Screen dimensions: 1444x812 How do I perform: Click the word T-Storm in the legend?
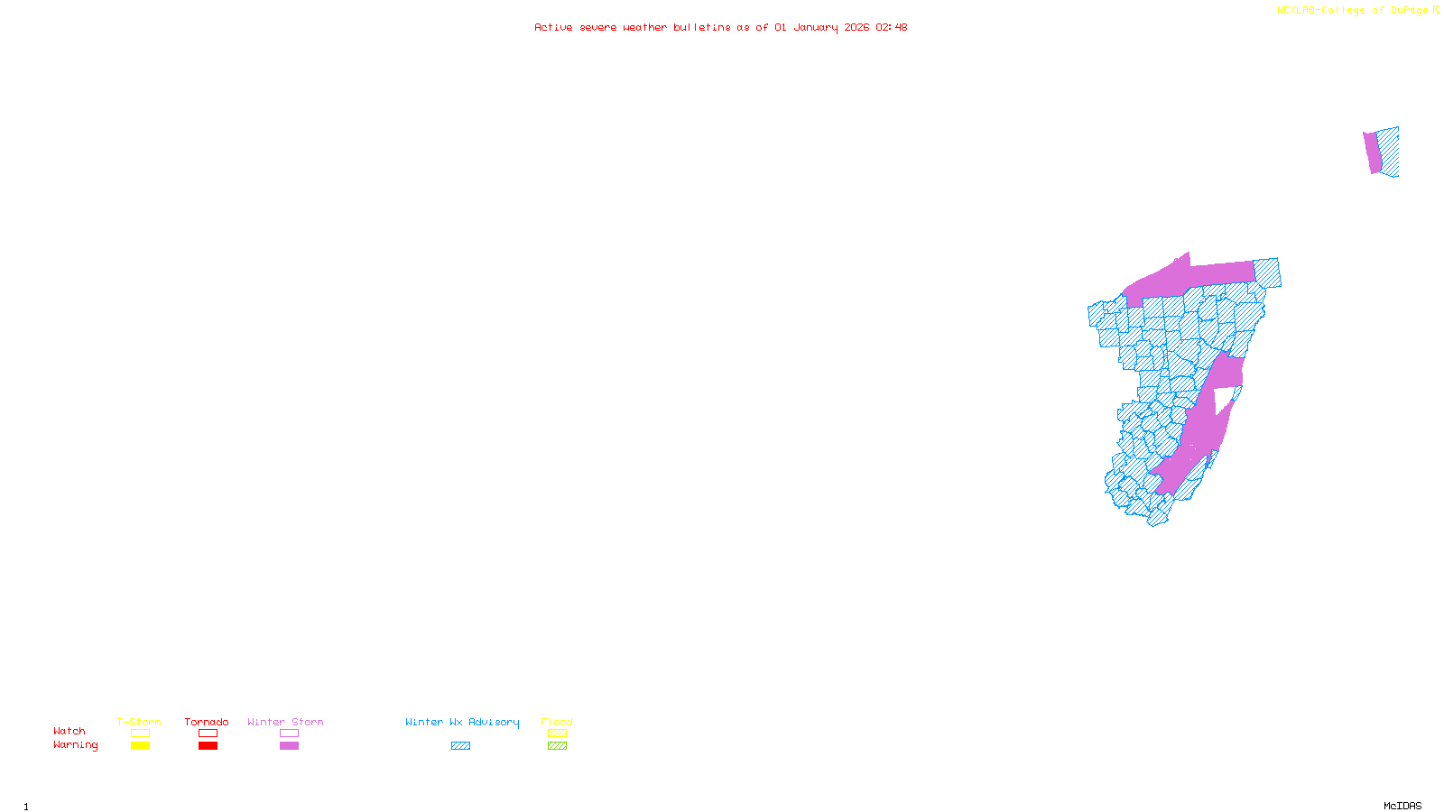[139, 722]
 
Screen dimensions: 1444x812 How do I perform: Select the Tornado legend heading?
[207, 722]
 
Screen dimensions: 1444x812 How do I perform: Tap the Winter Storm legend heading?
[285, 722]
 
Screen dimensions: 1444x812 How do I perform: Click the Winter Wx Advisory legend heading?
[462, 722]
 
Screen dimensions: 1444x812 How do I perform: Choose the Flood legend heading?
[557, 722]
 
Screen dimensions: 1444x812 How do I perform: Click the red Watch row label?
[69, 731]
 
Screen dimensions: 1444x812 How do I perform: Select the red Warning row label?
[75, 745]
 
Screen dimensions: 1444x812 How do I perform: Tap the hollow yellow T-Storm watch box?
[140, 734]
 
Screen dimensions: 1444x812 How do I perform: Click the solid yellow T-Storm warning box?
[140, 746]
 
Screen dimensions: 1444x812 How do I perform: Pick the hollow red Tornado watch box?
[208, 734]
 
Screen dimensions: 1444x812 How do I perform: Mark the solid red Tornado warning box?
[208, 746]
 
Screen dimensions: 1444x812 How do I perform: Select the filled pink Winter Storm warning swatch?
[289, 746]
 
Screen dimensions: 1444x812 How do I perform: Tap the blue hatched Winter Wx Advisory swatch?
[460, 746]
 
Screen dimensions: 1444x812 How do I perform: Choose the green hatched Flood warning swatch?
[557, 746]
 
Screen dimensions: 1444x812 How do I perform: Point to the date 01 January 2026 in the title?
[821, 27]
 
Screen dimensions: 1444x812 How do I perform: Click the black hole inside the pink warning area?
[1223, 399]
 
